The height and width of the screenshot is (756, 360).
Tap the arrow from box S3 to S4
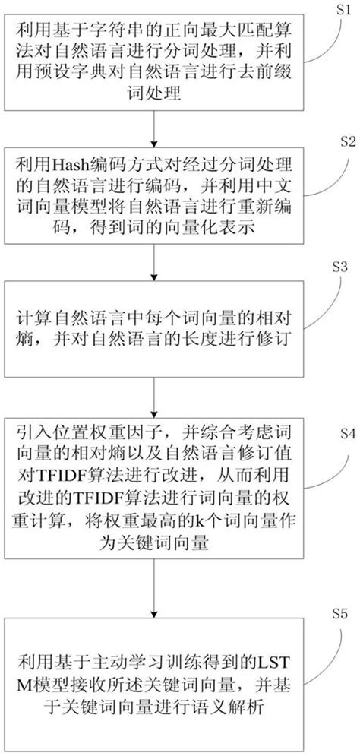155,394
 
